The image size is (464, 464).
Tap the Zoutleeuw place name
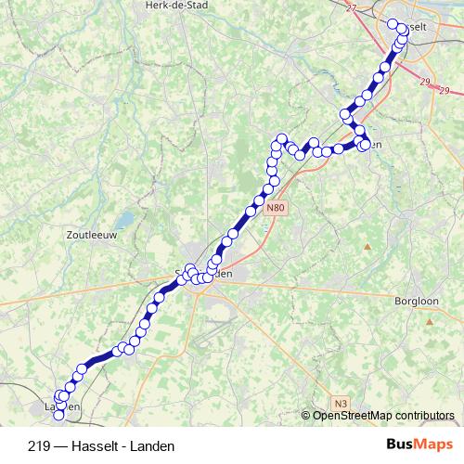(x=92, y=236)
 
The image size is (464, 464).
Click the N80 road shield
(x=273, y=209)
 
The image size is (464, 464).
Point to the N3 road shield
(x=342, y=402)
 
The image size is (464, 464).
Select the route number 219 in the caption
(x=40, y=445)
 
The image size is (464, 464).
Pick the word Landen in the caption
(x=153, y=445)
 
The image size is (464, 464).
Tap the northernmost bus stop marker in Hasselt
(x=393, y=25)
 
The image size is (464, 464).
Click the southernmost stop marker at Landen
(x=60, y=416)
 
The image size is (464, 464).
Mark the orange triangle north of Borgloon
(x=367, y=246)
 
